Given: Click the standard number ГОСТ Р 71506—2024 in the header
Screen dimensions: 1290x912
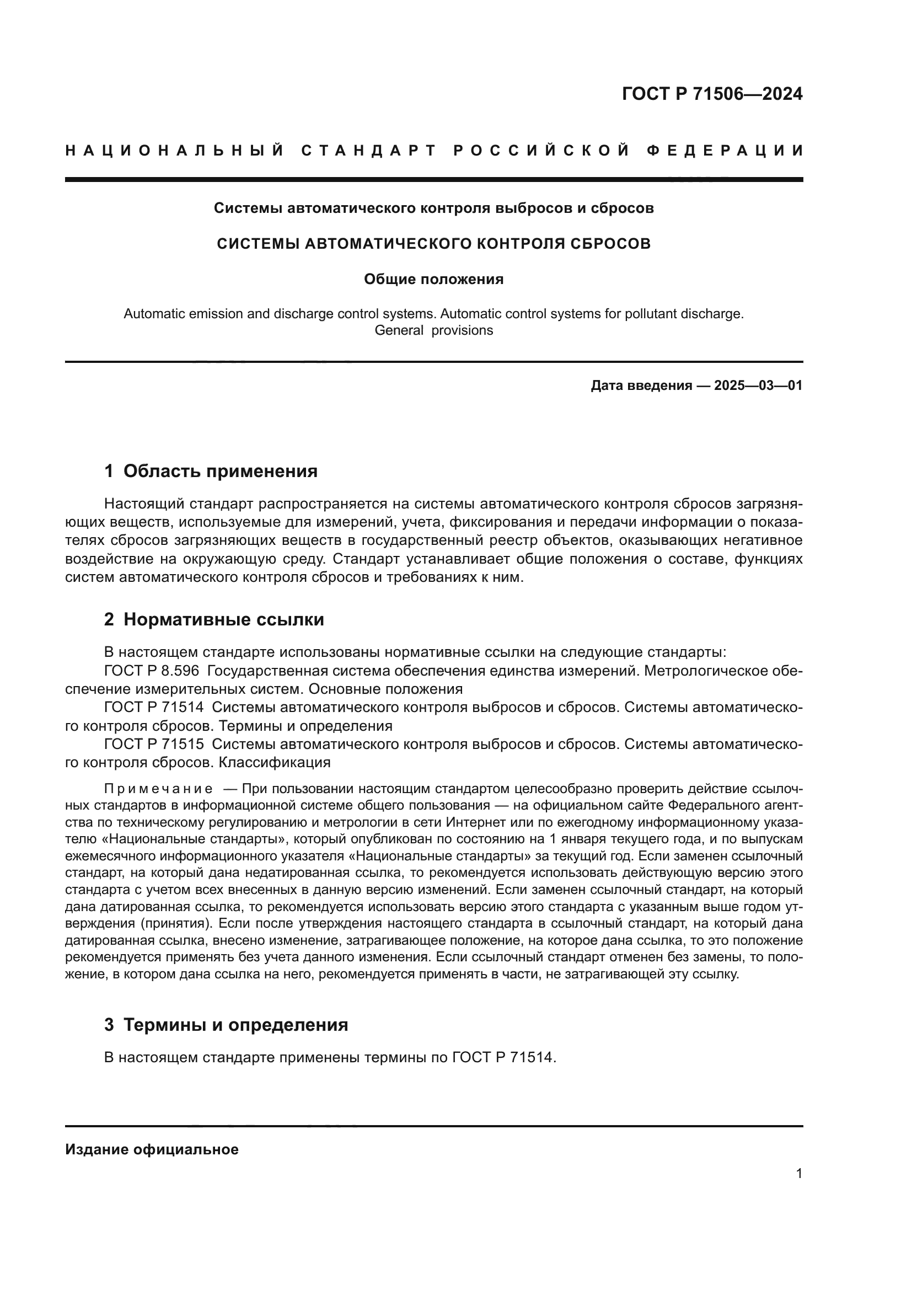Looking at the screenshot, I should pyautogui.click(x=712, y=93).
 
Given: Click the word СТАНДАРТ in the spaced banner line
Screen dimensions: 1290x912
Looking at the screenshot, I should pyautogui.click(x=369, y=151).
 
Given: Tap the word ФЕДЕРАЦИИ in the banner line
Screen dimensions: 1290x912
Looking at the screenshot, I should pyautogui.click(x=725, y=151).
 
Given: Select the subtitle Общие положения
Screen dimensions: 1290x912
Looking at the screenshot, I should pyautogui.click(x=433, y=279).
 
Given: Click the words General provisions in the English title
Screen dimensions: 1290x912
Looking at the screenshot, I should pyautogui.click(x=433, y=330).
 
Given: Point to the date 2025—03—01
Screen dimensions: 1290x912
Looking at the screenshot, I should pyautogui.click(x=758, y=386).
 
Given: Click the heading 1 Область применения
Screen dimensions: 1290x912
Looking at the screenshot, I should pyautogui.click(x=211, y=471).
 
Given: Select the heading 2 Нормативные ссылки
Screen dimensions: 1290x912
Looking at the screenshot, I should pyautogui.click(x=214, y=620).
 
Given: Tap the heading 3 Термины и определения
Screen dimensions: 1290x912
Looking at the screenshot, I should pyautogui.click(x=226, y=1025).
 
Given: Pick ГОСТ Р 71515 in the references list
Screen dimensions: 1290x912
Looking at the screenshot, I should pyautogui.click(x=154, y=744).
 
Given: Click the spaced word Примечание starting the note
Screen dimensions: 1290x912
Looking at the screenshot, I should pyautogui.click(x=158, y=788).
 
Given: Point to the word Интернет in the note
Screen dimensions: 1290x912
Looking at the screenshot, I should pyautogui.click(x=470, y=822).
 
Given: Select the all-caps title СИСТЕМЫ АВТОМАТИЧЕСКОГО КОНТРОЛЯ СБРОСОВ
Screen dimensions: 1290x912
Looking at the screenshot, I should pyautogui.click(x=433, y=244).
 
